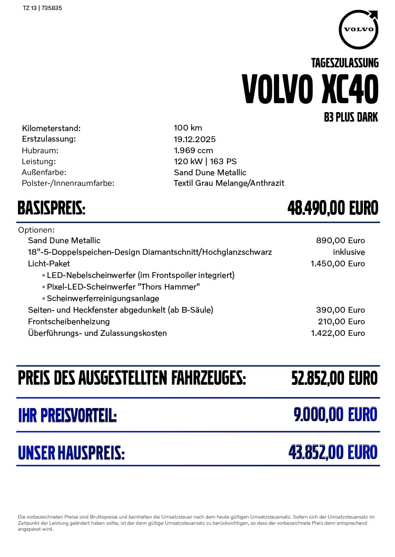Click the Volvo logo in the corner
(359, 29)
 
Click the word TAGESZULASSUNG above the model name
(345, 63)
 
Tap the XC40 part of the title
(350, 89)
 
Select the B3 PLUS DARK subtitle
(351, 117)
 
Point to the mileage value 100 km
(188, 128)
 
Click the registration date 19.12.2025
(195, 140)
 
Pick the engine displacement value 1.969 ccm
(193, 151)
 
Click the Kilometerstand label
(51, 128)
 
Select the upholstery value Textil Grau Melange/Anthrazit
(229, 183)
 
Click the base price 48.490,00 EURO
(333, 208)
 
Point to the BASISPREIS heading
(52, 208)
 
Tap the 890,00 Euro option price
(340, 241)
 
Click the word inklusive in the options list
(349, 252)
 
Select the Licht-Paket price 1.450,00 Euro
(338, 264)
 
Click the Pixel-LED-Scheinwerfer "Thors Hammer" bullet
(123, 287)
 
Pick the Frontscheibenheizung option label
(69, 322)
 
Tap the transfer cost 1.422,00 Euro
(338, 333)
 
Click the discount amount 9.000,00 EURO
(335, 415)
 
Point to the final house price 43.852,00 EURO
(333, 452)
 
